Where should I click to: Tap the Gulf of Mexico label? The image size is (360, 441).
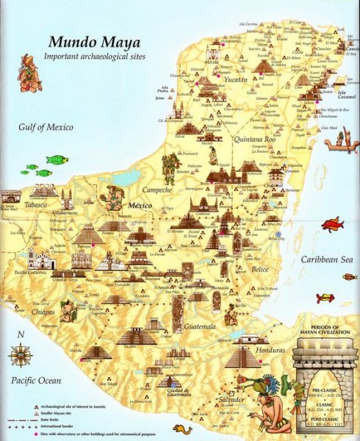[x=46, y=127]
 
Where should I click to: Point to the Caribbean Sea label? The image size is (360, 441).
[x=325, y=259]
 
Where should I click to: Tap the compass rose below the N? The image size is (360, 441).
[x=20, y=355]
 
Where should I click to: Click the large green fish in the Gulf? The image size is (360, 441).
[x=56, y=159]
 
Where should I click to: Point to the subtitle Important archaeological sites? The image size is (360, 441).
[x=94, y=57]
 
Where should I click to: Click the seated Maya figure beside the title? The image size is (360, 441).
[x=29, y=73]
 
